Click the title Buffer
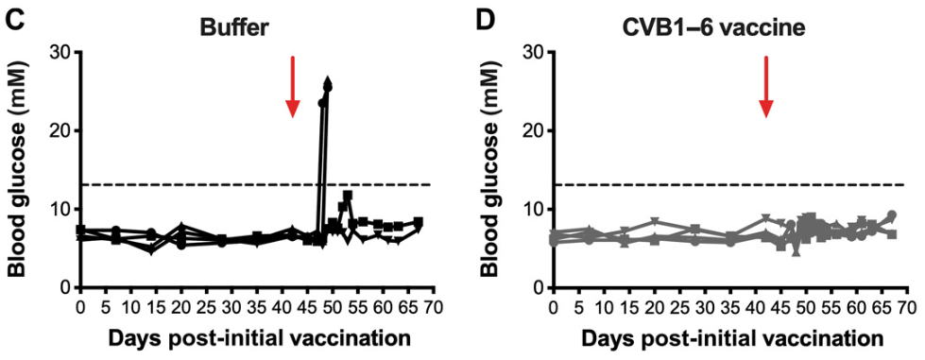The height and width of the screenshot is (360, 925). point(233,27)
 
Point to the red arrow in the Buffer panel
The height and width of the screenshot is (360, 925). point(293,87)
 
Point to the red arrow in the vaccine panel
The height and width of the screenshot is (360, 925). point(766,87)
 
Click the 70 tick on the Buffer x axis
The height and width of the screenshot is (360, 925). point(433,308)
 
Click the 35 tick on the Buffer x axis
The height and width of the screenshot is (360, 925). point(257,308)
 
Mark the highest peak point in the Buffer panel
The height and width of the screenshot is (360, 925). point(328,82)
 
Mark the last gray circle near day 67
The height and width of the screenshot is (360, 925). point(891,215)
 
